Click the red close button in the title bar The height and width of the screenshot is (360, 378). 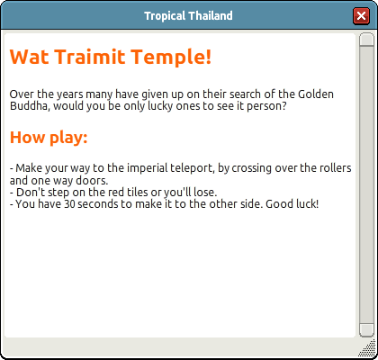361,15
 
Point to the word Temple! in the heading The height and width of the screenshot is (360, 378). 171,58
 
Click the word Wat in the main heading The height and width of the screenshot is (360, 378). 30,56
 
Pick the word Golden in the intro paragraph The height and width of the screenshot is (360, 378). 316,94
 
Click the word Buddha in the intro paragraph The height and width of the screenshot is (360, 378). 29,106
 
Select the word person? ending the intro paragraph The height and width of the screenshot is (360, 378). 266,107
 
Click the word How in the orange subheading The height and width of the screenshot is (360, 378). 28,137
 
